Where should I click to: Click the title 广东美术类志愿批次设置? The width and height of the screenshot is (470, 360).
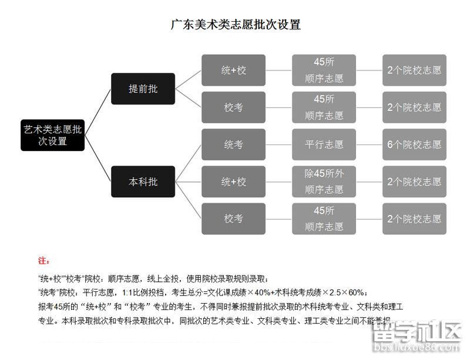click(235, 25)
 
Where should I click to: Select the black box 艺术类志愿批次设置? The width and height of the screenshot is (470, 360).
click(53, 135)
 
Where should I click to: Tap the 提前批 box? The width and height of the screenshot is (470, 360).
click(143, 89)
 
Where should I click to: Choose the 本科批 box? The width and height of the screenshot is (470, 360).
click(143, 181)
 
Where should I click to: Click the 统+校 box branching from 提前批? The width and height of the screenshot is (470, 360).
click(233, 70)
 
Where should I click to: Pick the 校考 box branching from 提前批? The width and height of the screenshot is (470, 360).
click(233, 107)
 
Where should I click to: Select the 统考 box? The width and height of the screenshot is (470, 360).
click(233, 144)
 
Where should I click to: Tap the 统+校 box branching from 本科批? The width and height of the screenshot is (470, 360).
click(233, 181)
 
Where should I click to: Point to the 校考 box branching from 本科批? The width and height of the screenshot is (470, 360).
click(233, 218)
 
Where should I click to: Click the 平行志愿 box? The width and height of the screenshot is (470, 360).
click(324, 144)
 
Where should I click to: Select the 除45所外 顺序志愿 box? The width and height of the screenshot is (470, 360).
click(324, 181)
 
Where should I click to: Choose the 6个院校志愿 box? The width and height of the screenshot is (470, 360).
click(414, 144)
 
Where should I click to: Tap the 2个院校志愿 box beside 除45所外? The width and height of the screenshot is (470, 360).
click(414, 181)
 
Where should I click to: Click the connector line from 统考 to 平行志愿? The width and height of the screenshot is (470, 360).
click(279, 144)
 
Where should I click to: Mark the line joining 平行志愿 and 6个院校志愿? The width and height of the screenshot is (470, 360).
click(370, 144)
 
